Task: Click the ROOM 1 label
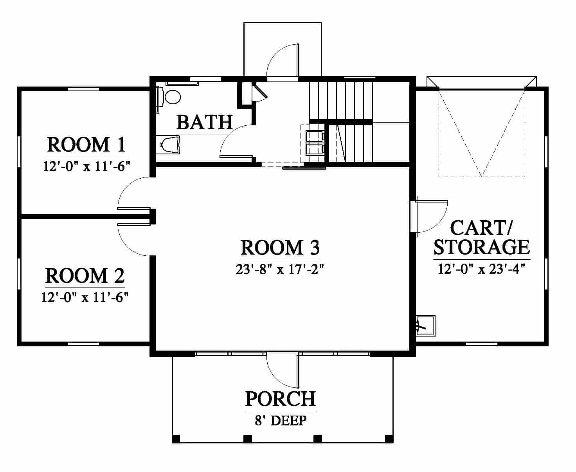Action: [x=86, y=145]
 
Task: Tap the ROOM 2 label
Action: [x=85, y=276]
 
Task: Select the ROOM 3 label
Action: [x=280, y=247]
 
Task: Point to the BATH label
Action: [x=205, y=122]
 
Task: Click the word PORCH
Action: [x=281, y=399]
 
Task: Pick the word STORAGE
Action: [x=482, y=247]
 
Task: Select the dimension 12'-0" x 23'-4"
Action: [x=482, y=269]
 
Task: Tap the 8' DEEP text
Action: [x=281, y=421]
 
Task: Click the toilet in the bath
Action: [x=170, y=145]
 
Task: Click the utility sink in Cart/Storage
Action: [x=425, y=326]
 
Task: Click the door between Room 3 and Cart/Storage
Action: [x=432, y=217]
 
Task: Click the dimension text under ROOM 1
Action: [x=86, y=166]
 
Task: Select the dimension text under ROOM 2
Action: [x=85, y=297]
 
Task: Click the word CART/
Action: [x=481, y=228]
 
